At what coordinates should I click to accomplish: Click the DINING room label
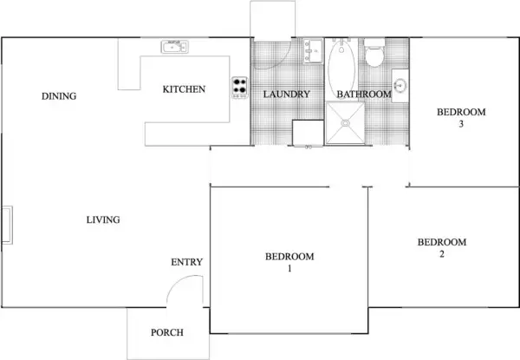59,96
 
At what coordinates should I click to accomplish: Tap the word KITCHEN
184,89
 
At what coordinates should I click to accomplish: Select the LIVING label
102,220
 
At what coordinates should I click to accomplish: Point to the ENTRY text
186,262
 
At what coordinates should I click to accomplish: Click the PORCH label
166,333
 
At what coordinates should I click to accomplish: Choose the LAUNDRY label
286,95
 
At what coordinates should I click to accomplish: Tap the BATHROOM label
363,95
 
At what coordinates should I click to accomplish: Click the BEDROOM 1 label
289,263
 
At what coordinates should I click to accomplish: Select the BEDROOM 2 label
442,248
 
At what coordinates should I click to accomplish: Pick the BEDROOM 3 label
461,117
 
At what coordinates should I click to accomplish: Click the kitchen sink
175,46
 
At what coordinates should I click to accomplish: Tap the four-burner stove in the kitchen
239,87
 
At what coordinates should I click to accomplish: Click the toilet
375,56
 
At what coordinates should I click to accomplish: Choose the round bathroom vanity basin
400,86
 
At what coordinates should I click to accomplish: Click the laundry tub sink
313,50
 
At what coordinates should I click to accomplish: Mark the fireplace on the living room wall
6,226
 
